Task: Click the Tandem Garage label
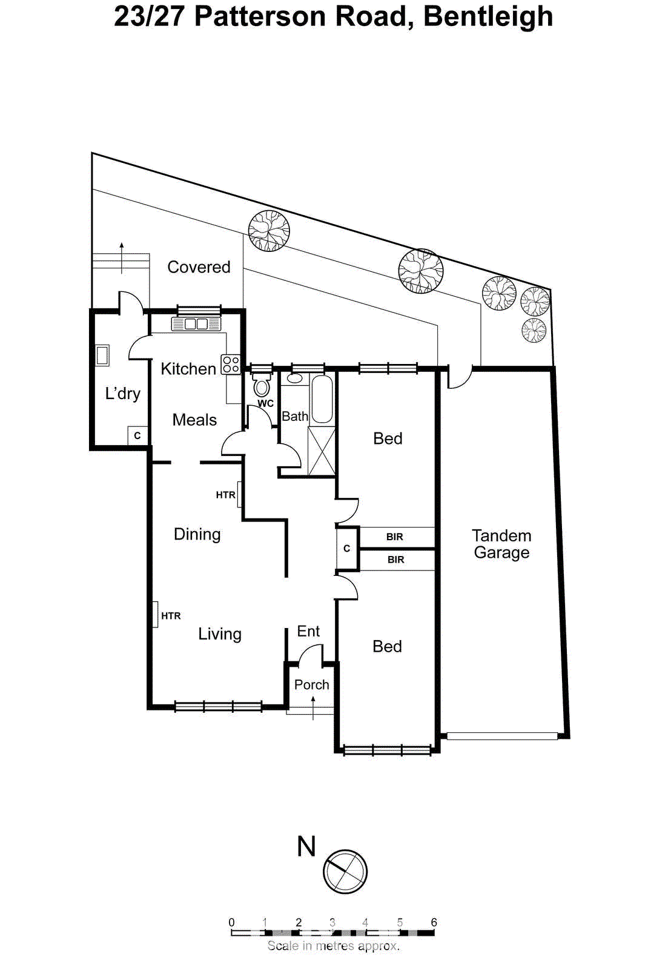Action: [501, 544]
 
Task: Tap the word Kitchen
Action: [188, 369]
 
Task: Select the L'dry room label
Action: [122, 394]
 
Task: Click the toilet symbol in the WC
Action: [262, 385]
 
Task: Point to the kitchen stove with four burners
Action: [231, 364]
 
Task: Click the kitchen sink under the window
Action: [196, 324]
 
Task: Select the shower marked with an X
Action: [322, 451]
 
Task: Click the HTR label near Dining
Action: [225, 495]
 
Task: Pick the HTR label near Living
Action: [171, 616]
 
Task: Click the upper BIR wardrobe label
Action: [395, 537]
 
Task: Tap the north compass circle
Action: [345, 871]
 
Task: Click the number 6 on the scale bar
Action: [434, 922]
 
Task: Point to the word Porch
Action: [311, 684]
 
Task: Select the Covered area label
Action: [199, 267]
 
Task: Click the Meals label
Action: [194, 420]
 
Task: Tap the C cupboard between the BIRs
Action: [347, 549]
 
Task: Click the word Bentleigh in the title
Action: [488, 16]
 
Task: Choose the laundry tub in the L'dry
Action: [102, 356]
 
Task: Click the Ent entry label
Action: [308, 631]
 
